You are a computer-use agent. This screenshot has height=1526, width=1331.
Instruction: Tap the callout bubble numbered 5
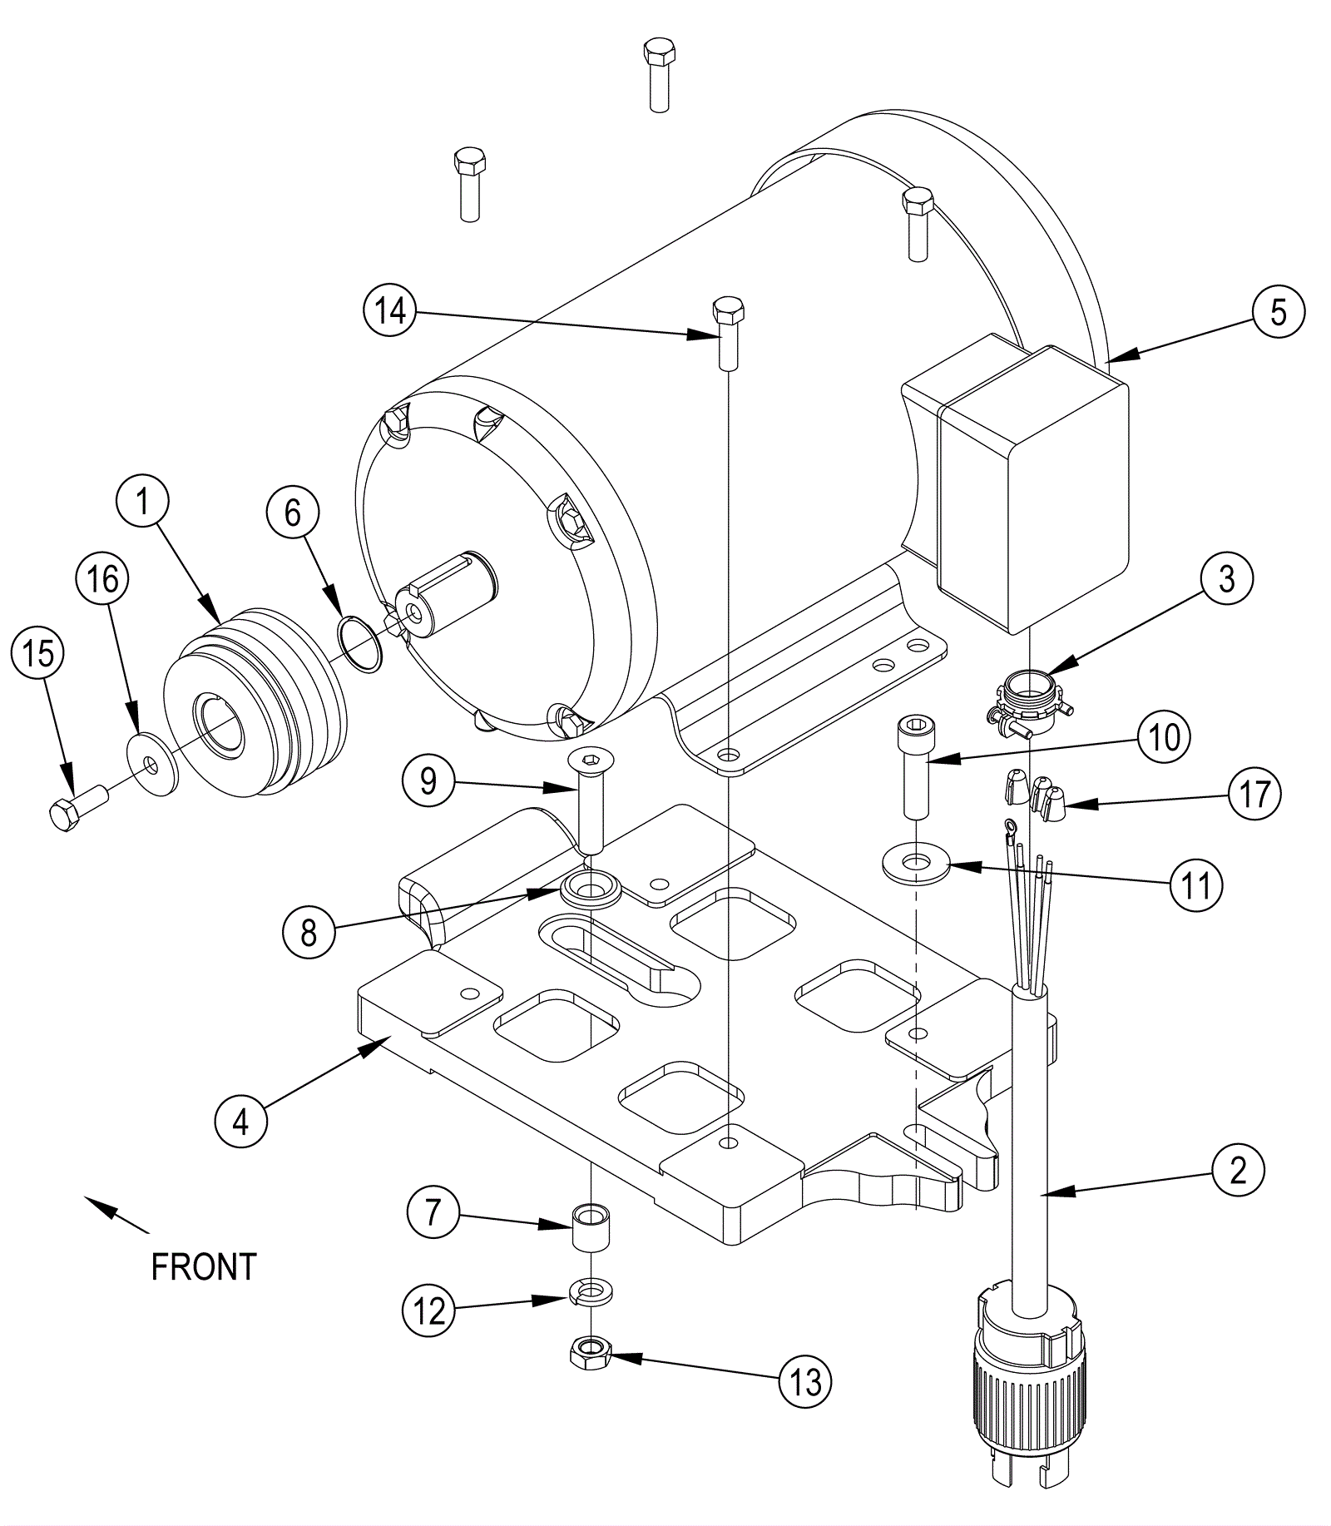pos(1279,312)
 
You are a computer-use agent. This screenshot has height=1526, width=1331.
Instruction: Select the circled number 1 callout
pos(142,503)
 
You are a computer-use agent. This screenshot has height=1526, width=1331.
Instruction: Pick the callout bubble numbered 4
pos(241,1122)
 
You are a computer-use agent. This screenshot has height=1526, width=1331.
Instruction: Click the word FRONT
pos(204,1266)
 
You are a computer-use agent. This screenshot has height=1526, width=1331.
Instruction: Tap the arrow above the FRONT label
pos(116,1214)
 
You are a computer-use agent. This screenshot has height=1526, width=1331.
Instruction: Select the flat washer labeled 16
pos(152,764)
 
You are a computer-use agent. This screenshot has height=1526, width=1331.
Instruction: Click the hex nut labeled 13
pos(590,1356)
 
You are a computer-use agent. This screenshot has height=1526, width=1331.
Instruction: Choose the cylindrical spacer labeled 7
pos(590,1225)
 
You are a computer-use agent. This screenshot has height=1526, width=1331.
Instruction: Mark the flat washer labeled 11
pos(916,865)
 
